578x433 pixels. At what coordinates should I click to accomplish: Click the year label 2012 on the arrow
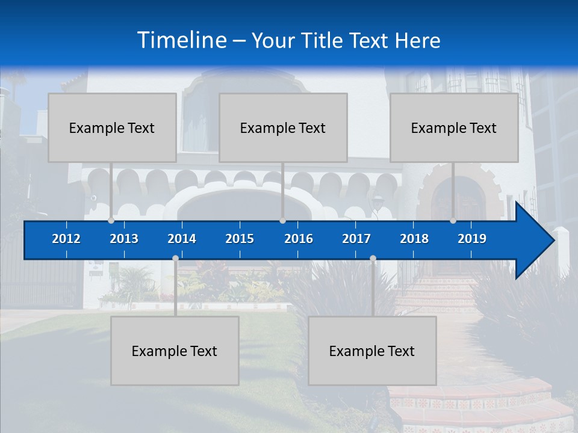(66, 239)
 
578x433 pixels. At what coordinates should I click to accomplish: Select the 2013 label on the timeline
(124, 239)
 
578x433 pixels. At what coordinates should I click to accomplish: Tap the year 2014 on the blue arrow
(182, 239)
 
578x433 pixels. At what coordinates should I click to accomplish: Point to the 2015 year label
(240, 239)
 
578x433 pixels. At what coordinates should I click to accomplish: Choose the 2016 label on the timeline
(299, 239)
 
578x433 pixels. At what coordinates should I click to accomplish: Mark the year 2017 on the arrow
(356, 239)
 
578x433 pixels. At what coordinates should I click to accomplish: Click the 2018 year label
(414, 239)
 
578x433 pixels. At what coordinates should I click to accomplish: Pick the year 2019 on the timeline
(472, 239)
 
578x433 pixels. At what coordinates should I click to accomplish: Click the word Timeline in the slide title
(182, 40)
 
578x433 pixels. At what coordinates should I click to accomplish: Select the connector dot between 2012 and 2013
(111, 220)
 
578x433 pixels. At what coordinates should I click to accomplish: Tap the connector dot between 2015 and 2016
(282, 220)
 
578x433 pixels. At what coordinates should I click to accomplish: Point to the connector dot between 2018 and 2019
(453, 220)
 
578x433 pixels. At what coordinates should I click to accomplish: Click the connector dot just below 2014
(175, 259)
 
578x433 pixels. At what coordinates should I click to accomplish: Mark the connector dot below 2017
(373, 259)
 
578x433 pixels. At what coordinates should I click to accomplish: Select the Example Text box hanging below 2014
(175, 351)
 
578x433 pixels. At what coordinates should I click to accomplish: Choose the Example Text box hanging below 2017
(372, 351)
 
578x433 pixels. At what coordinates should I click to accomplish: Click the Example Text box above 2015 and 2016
(283, 127)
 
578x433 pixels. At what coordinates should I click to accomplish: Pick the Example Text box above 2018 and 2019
(454, 127)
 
